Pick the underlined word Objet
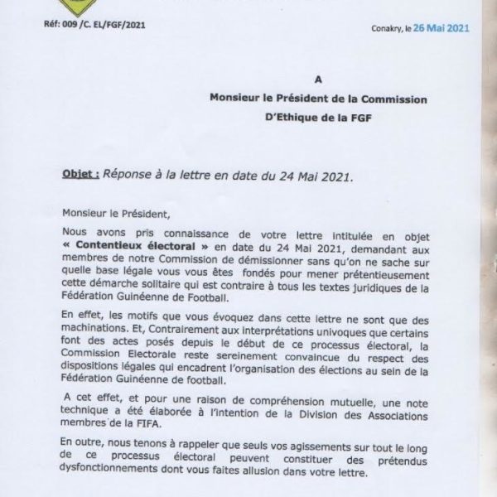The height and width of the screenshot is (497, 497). [x=80, y=176]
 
